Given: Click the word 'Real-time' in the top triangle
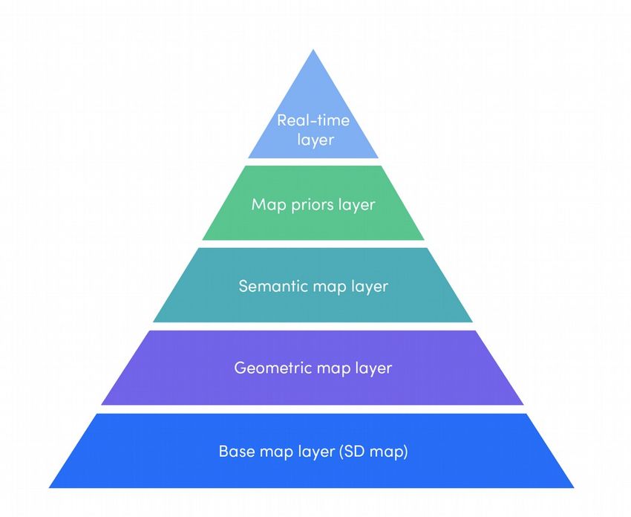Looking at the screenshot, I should pyautogui.click(x=313, y=120).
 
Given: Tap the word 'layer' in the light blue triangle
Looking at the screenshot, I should pyautogui.click(x=313, y=139).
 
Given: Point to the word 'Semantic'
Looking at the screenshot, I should pyautogui.click(x=271, y=285).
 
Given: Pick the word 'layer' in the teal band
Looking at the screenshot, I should pyautogui.click(x=369, y=286).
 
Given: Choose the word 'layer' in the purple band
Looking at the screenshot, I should pyautogui.click(x=373, y=368).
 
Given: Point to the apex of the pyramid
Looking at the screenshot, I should pyautogui.click(x=313, y=51).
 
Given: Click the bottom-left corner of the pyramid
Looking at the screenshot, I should pyautogui.click(x=50, y=487).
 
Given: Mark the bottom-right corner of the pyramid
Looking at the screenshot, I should pyautogui.click(x=573, y=487).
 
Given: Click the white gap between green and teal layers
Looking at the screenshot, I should pyautogui.click(x=313, y=244).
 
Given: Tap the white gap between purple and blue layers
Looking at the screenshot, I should pyautogui.click(x=313, y=409).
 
